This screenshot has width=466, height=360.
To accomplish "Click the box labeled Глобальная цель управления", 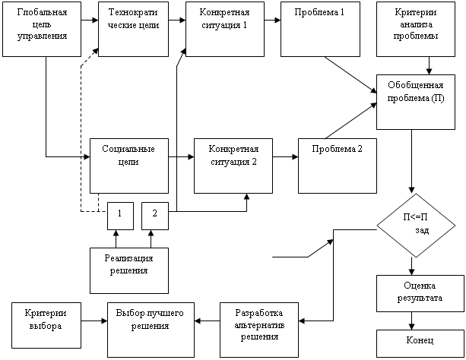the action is coord(42,29).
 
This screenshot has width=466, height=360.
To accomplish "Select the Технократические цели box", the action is coord(134,29).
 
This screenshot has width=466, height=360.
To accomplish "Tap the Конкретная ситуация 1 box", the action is coord(225,29).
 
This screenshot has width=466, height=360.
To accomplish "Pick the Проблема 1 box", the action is coord(320,29).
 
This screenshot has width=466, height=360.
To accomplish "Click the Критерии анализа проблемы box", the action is coord(416,29).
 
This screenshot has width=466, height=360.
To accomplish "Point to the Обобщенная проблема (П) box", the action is coord(416,102).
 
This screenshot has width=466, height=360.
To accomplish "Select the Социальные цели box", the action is coord(129,166).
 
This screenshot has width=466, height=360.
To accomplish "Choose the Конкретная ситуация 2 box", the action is coord(233,166).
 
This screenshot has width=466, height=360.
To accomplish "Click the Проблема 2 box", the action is coord(338,166).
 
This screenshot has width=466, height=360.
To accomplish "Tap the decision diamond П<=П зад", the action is coord(416,226).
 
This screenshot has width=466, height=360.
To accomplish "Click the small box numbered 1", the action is coord(120,216).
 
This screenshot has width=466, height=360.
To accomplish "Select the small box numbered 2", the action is coord(155,216).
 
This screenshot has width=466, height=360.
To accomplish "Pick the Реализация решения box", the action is coord(129,270).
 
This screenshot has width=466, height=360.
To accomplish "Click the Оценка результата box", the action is coord(420,293).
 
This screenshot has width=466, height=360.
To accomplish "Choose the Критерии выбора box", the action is coord(46,325).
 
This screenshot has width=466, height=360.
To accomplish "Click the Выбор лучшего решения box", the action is coord(151,330).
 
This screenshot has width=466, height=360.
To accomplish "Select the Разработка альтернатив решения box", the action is coord(259,330).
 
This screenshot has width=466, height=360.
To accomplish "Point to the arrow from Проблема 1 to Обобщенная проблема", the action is coord(350,74).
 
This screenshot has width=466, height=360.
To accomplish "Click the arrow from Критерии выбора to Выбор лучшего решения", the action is coord(94,321).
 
